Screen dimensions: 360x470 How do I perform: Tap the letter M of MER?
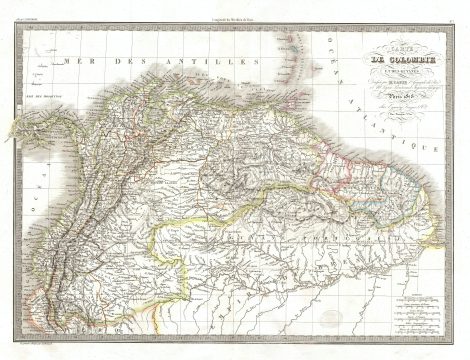click(63, 63)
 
